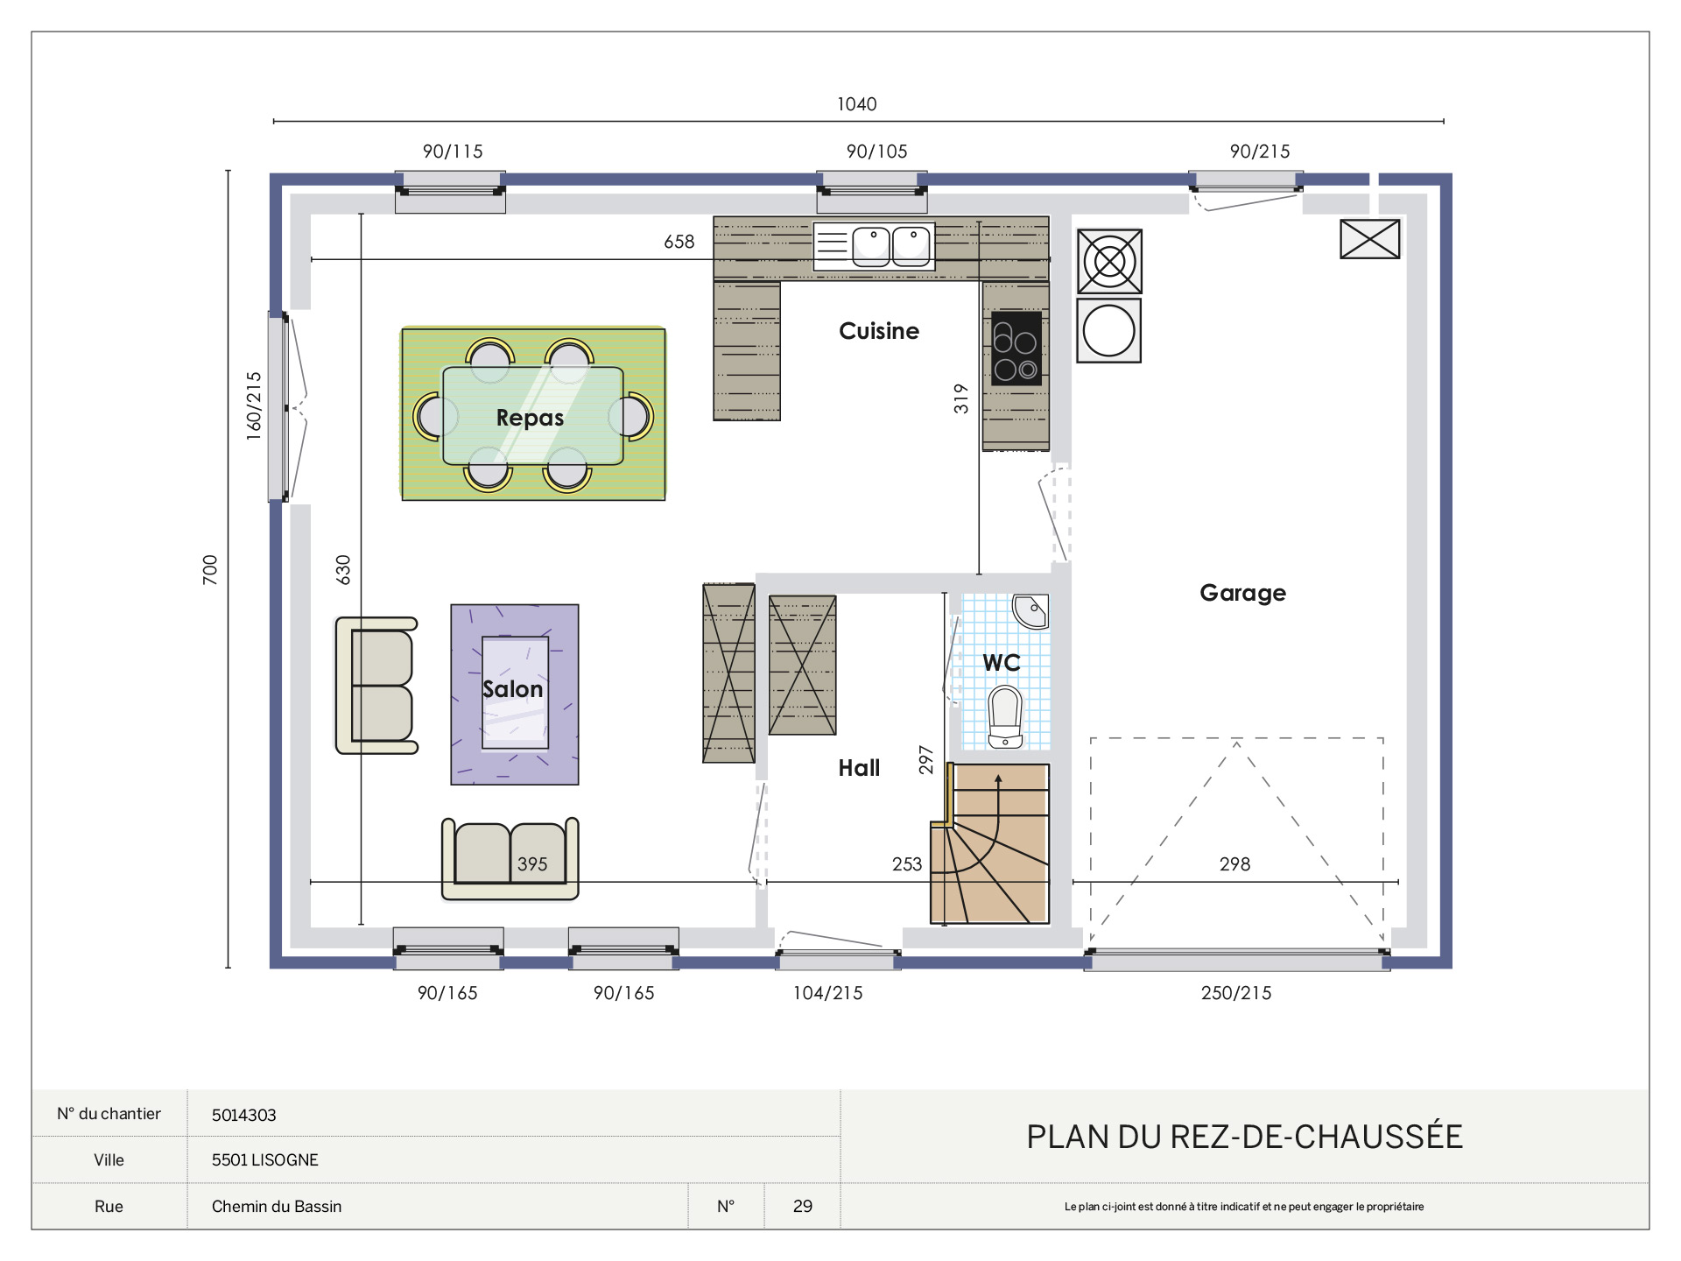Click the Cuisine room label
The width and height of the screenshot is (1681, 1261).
879,331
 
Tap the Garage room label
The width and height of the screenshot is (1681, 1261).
1242,593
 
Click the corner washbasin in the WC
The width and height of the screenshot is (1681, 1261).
1030,611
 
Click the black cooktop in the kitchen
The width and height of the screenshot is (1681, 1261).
1016,349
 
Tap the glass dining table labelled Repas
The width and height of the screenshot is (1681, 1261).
532,415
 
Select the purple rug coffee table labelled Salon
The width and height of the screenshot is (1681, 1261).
515,693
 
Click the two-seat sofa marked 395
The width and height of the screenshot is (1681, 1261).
510,859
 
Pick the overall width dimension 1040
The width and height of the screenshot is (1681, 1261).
856,104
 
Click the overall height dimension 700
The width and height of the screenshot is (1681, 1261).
210,570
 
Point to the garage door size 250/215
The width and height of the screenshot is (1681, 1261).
1235,993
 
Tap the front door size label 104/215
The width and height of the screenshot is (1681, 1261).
827,993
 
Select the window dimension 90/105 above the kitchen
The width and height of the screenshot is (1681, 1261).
876,151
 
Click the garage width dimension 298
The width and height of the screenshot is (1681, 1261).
1234,864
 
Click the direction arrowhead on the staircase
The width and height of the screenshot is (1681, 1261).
998,778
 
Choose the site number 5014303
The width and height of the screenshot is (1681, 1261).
243,1115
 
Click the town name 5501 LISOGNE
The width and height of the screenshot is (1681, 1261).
264,1159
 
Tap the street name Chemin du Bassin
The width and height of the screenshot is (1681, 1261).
277,1206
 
